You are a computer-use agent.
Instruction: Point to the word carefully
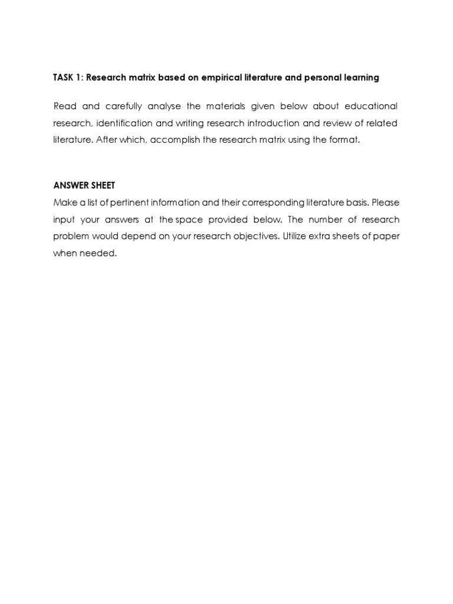[124, 106]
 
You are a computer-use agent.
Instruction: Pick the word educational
[369, 106]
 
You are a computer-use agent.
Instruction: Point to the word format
[346, 140]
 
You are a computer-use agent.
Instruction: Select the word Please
[386, 202]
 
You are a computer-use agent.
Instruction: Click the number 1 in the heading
[79, 77]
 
